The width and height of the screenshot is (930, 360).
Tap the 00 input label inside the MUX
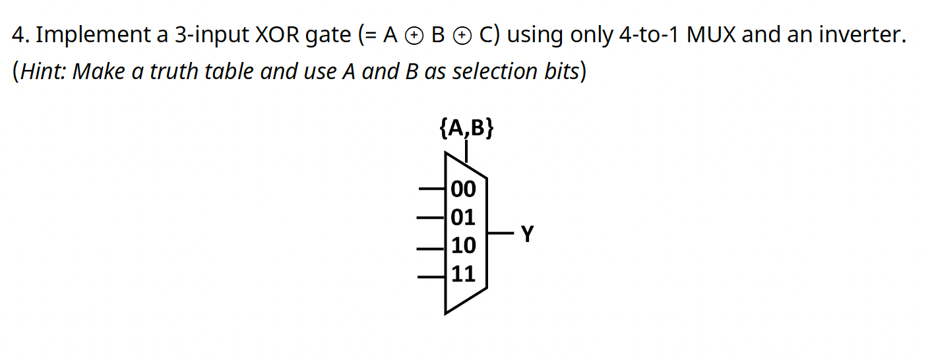click(463, 189)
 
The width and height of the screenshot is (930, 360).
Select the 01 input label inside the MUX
click(463, 217)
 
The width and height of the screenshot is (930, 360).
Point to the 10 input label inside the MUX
click(463, 245)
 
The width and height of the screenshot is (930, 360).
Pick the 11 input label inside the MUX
click(463, 273)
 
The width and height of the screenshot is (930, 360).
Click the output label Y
click(527, 233)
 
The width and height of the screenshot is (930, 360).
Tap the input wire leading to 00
click(433, 189)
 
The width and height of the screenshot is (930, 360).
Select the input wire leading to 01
click(433, 217)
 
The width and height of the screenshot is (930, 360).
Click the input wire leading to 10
click(433, 249)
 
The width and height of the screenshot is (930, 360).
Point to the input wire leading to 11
click(433, 276)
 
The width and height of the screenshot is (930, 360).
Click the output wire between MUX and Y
click(500, 233)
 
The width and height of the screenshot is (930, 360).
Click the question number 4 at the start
click(18, 34)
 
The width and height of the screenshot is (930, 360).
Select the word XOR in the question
click(278, 34)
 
